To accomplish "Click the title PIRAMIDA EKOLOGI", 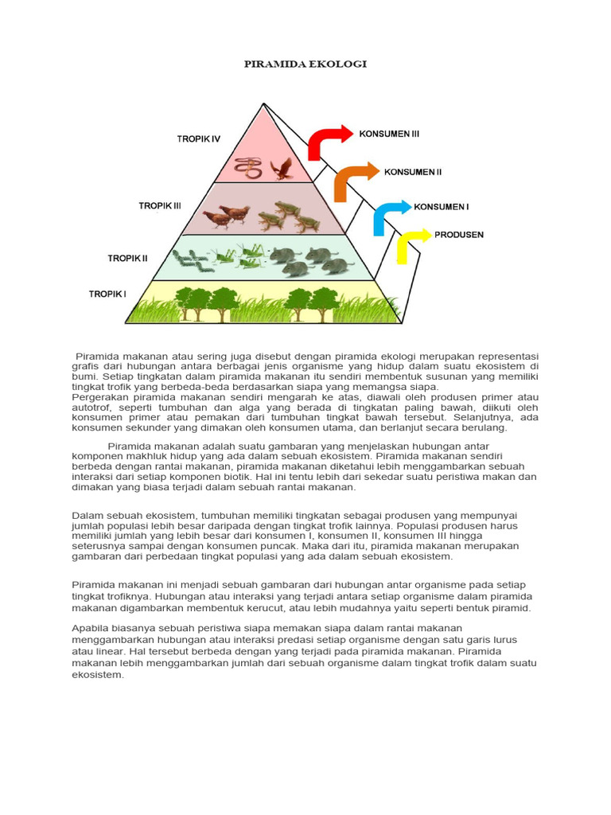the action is coord(305,64).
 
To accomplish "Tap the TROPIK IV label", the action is coord(198,139).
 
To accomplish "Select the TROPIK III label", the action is coord(160,205).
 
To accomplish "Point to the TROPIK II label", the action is coord(127,258).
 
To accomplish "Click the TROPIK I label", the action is coord(107,294).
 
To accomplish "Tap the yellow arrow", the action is coord(411,243).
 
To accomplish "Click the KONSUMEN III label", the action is coord(389,135).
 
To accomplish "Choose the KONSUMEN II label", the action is coord(413,171).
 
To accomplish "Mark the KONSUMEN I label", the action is coord(441,207).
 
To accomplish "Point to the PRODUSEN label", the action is coord(458,235).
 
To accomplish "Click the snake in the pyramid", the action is coord(251,167).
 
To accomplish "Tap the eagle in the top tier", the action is coord(281,168).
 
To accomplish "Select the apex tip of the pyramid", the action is coord(264,104).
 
